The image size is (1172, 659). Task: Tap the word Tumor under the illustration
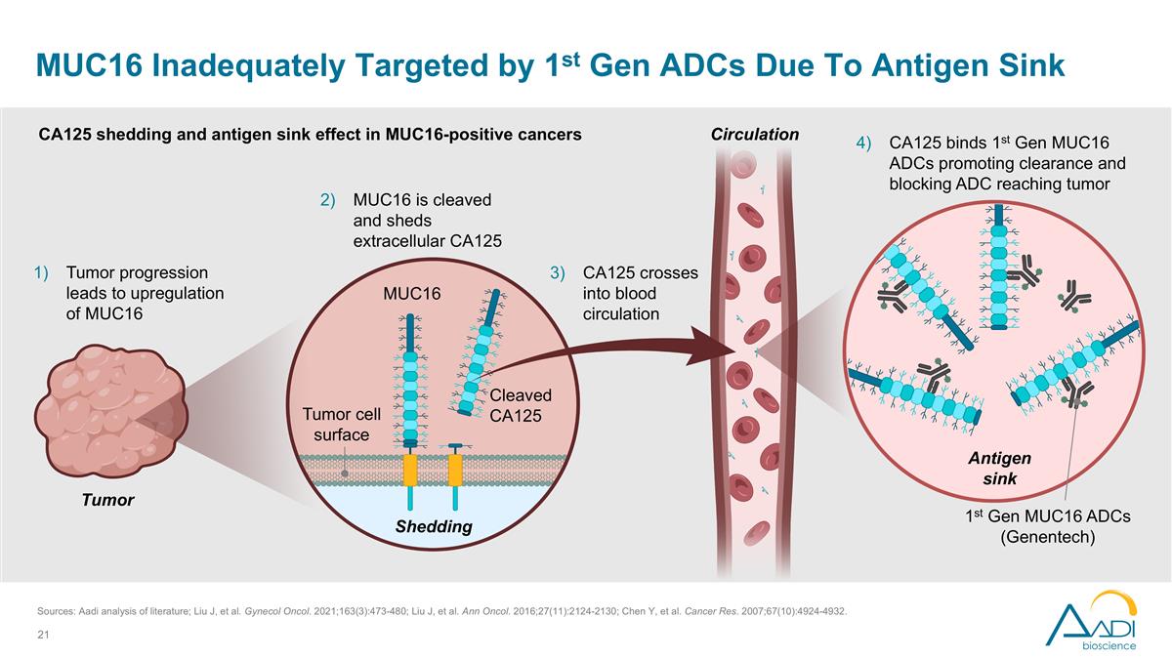106,500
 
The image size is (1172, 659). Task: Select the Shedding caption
433,527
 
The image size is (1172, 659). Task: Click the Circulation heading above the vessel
754,135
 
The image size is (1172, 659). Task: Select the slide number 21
42,636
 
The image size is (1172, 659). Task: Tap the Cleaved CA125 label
521,405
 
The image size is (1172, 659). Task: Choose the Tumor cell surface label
341,425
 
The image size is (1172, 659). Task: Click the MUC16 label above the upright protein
412,293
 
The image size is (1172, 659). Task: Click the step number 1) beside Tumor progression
42,272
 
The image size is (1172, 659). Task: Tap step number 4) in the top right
863,143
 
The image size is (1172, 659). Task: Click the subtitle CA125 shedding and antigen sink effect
310,135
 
